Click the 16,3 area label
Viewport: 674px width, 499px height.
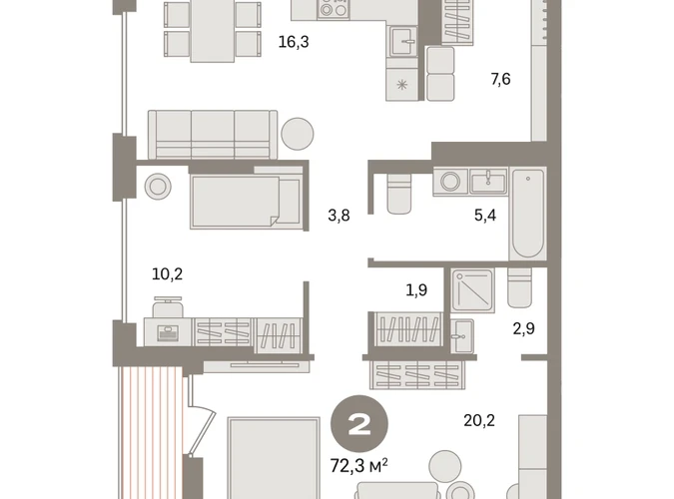[294, 42]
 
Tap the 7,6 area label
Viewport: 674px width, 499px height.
[501, 79]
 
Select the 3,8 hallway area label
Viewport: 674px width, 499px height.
[338, 215]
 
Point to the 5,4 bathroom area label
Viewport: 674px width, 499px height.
[485, 215]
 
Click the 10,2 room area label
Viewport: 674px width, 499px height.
[167, 273]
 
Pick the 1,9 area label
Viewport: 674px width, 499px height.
[416, 290]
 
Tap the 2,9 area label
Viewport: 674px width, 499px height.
[524, 328]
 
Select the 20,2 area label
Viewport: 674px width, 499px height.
[479, 420]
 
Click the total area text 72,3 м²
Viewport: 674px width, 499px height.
[358, 465]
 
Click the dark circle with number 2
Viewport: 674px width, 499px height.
[359, 424]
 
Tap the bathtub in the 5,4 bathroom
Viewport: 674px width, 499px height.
[528, 214]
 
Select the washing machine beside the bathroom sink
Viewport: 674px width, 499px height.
[450, 182]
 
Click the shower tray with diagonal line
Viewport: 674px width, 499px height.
[473, 290]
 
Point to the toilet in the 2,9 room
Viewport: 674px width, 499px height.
[519, 287]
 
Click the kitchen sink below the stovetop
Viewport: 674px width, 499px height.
[404, 41]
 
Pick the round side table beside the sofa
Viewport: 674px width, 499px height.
[298, 134]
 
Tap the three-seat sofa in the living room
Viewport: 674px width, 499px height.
[213, 135]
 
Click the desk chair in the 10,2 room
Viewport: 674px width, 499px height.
[168, 306]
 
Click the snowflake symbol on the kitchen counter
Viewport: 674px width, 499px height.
[402, 85]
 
